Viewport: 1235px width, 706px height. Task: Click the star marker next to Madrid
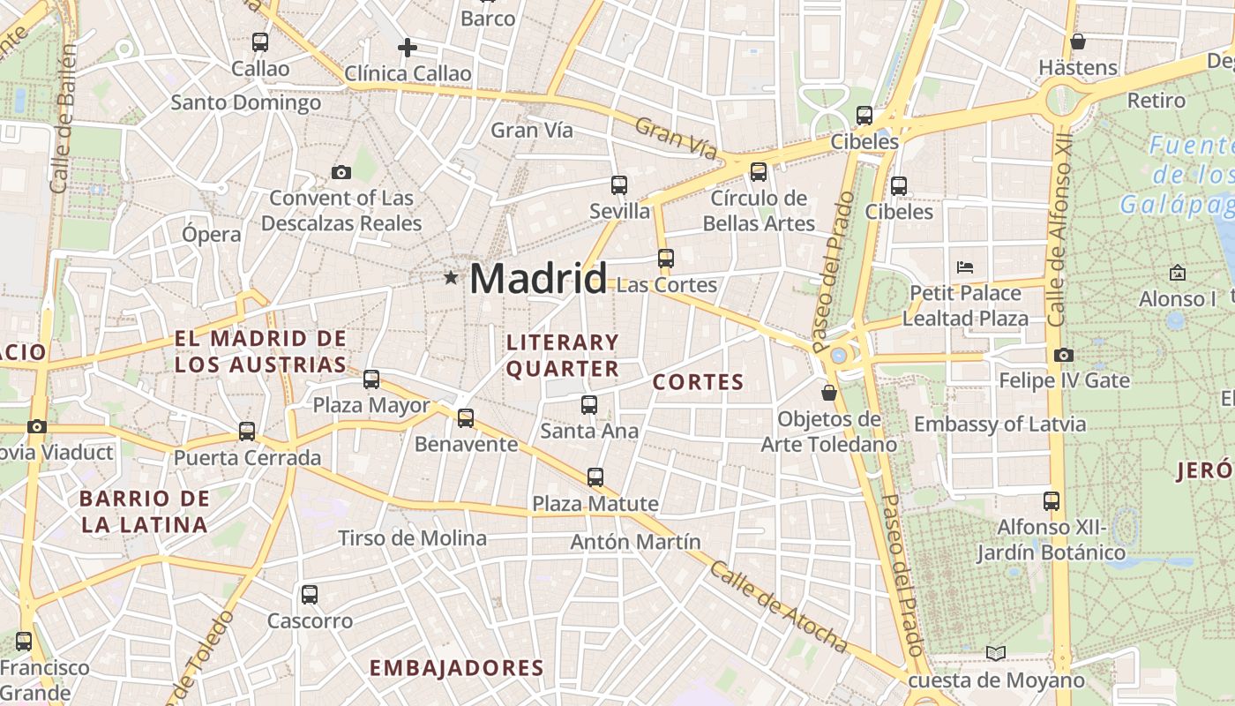point(451,278)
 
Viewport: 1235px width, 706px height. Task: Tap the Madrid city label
point(538,278)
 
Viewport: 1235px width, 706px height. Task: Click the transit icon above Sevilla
point(619,184)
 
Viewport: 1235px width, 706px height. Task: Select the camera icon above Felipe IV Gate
point(1063,355)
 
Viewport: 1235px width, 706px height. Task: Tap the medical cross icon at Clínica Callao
point(408,47)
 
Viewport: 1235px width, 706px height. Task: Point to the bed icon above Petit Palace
point(965,267)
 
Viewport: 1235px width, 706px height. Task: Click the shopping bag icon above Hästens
point(1077,41)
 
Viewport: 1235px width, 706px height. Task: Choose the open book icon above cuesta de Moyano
point(995,653)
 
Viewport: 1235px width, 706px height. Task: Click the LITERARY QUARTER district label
point(563,355)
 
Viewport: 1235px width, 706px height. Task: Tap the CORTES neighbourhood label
point(699,382)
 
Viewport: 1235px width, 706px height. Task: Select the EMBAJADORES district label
point(456,668)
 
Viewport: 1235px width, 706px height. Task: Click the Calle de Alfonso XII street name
point(1059,229)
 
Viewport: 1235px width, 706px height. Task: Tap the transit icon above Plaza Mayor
point(371,379)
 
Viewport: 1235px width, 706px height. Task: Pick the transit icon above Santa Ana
point(589,405)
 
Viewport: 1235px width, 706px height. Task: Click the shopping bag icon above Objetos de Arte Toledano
point(828,392)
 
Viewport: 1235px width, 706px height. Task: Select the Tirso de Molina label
point(412,538)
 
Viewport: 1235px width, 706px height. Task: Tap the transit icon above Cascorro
point(310,594)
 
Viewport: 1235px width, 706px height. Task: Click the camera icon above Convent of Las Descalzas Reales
point(341,172)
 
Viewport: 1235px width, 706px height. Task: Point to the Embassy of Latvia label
point(999,424)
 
